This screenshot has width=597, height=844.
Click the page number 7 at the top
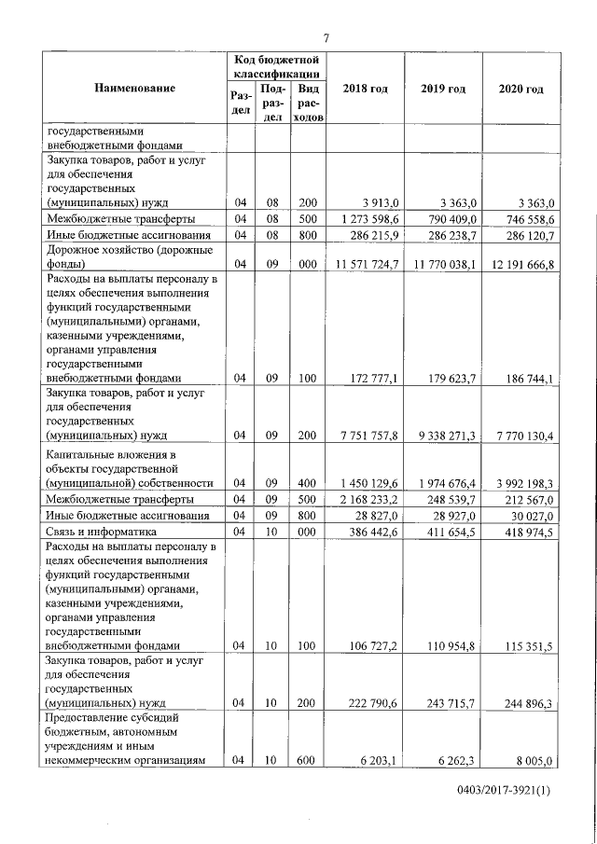tap(326, 37)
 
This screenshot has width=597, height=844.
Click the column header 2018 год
tap(365, 89)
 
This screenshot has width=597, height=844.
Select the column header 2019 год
tap(443, 89)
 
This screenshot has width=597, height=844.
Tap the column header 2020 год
tap(521, 89)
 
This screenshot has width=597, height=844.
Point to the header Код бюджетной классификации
tap(277, 65)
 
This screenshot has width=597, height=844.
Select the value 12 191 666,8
tap(520, 265)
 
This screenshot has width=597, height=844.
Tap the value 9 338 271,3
tap(443, 435)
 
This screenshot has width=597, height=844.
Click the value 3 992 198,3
tap(520, 483)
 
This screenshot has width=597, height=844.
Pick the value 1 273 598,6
tap(366, 218)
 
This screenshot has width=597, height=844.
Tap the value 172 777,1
tap(371, 379)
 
